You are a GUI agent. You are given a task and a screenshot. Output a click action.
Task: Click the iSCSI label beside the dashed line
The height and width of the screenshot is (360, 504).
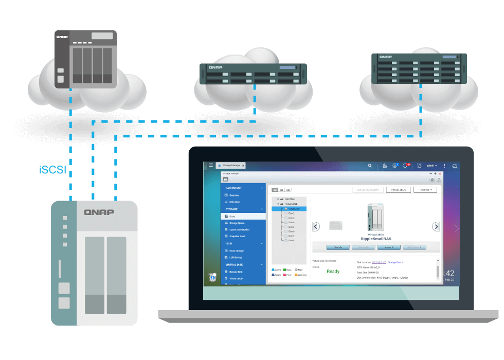coord(53,170)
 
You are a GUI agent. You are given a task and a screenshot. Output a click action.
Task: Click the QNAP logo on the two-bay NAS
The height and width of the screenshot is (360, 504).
coord(99,212)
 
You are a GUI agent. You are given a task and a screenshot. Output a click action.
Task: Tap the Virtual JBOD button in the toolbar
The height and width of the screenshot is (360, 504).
coord(398,190)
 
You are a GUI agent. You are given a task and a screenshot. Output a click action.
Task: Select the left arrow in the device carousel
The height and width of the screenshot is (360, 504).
coord(316,226)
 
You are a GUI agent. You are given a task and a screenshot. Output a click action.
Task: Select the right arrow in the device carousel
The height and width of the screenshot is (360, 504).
coord(436,226)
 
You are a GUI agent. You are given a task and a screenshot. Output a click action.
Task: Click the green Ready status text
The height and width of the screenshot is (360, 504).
coord(333,272)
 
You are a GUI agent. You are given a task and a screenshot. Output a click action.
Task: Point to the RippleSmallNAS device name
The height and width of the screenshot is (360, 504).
coord(375,238)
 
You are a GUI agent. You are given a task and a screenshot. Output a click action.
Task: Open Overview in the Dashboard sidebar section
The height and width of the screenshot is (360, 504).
coord(234,195)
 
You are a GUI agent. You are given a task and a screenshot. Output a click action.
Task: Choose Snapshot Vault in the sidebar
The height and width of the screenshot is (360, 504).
coord(237,237)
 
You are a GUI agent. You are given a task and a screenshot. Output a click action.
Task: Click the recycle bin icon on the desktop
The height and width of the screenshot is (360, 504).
coord(212,277)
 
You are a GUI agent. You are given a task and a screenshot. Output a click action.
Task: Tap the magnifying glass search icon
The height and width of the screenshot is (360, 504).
coord(370,166)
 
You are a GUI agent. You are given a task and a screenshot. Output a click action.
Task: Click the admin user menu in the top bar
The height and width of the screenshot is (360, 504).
coord(431,166)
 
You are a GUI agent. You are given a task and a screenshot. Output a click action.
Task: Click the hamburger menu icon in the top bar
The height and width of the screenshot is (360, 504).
coord(211,166)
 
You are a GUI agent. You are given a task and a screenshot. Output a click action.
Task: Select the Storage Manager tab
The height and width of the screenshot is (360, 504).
coord(231,166)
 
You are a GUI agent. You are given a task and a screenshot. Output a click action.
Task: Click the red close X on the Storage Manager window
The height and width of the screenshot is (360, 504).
coord(440,174)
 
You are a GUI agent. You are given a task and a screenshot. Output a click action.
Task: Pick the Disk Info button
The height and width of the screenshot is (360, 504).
coord(338,247)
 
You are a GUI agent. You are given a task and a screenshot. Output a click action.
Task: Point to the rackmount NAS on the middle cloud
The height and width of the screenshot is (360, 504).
coord(253,74)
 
